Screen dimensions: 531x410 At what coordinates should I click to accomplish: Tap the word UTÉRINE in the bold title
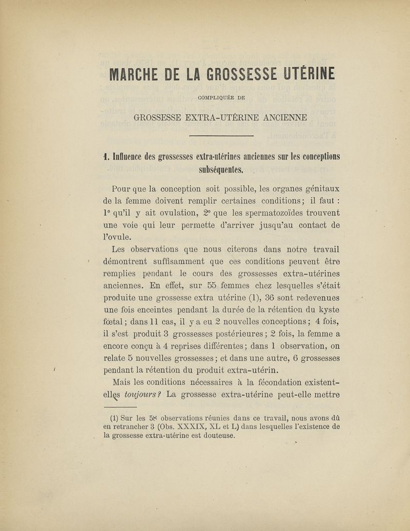[309, 75]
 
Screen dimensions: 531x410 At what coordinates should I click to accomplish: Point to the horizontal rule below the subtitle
[222, 136]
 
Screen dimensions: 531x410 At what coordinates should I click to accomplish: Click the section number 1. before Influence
[107, 156]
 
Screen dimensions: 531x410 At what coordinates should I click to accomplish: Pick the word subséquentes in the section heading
[221, 170]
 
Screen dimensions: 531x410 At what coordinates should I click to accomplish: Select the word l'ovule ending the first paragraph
[117, 237]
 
